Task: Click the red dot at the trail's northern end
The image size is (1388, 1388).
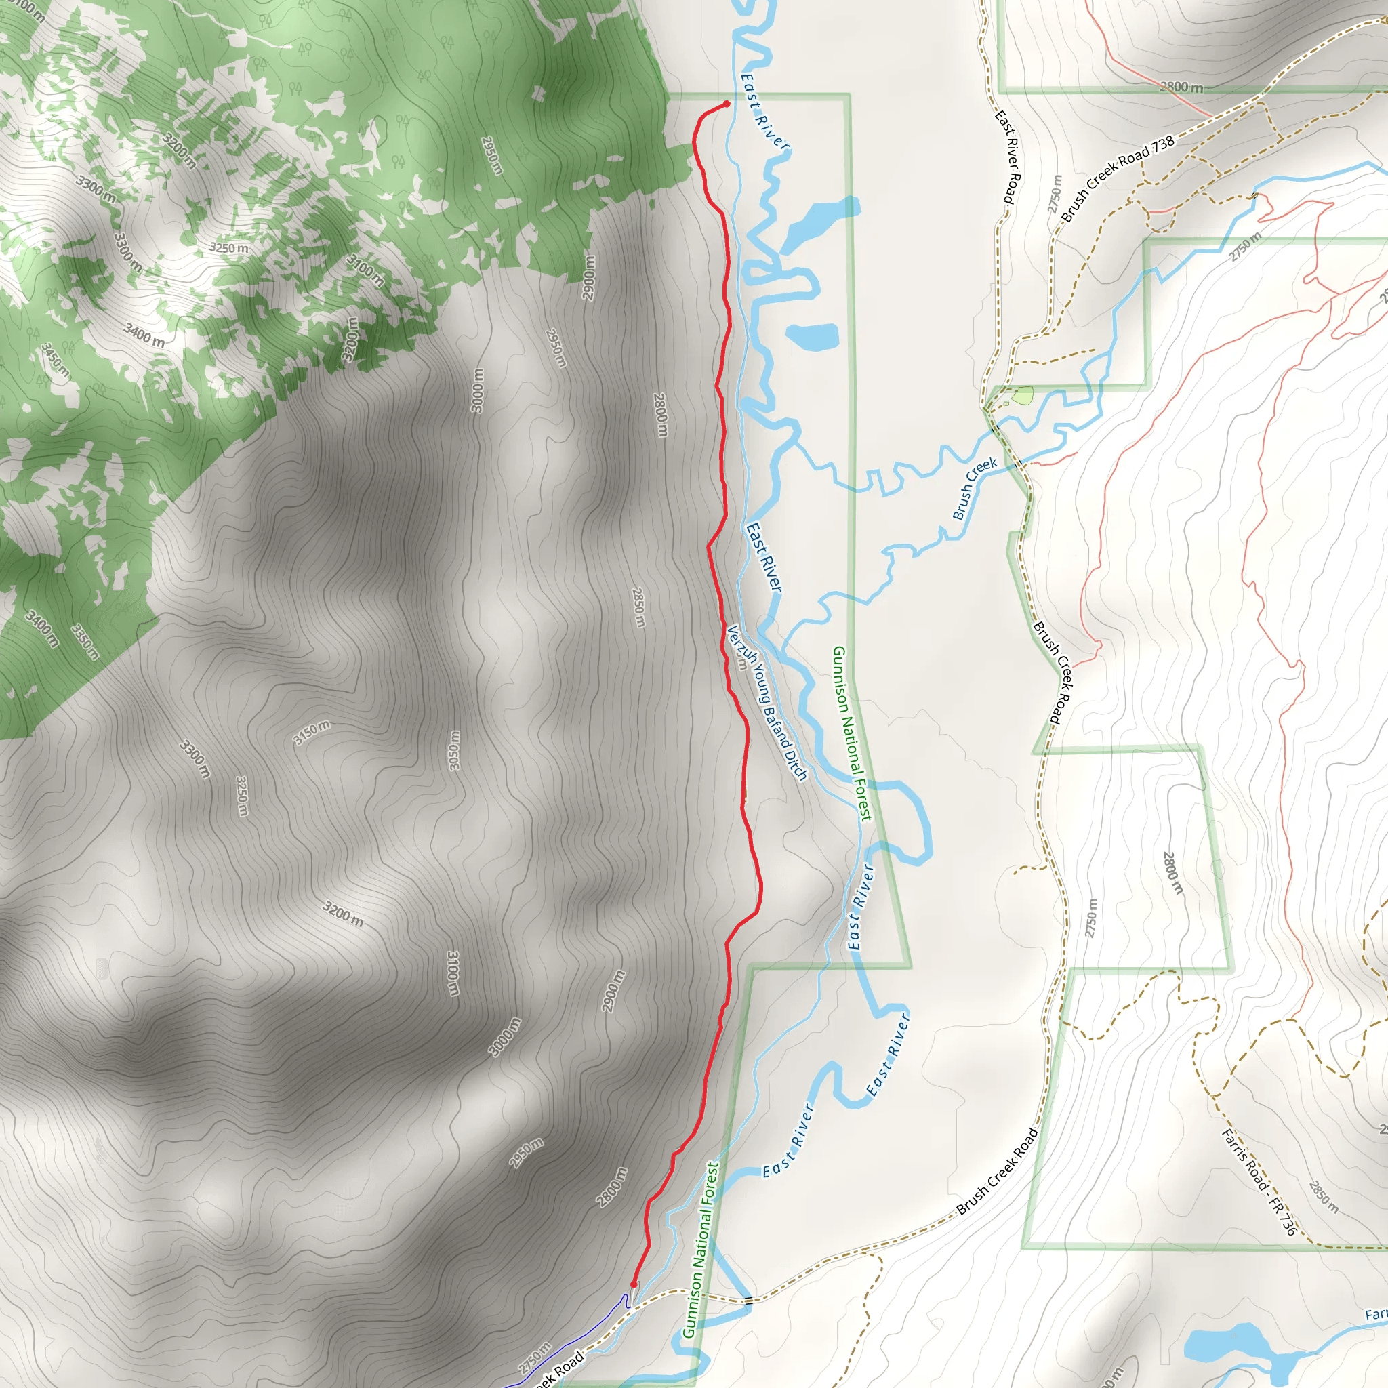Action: [x=727, y=104]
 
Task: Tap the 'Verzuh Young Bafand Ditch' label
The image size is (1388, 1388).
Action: [x=767, y=703]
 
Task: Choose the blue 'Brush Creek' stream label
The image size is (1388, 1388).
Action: [x=974, y=489]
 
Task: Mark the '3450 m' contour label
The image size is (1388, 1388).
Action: [x=56, y=361]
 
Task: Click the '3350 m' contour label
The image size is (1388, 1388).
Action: [x=85, y=642]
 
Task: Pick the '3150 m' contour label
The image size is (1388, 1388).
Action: [x=312, y=732]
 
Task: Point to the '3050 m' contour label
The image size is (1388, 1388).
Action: [x=454, y=751]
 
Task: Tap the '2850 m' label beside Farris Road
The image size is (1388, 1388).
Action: [x=1324, y=1197]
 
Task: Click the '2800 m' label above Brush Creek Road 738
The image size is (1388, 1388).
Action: [x=1181, y=87]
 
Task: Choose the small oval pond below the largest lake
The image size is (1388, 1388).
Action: [x=813, y=336]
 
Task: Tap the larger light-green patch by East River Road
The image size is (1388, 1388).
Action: [x=1022, y=394]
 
